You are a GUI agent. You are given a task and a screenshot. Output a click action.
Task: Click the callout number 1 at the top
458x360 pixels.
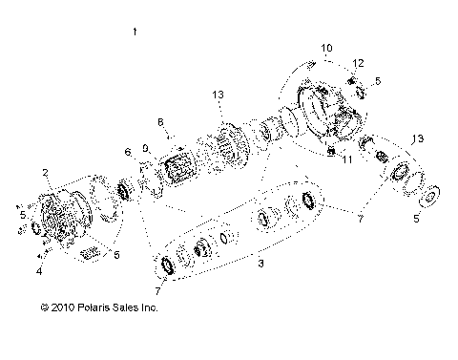(135, 32)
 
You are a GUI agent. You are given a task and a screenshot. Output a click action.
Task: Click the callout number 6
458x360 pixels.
(127, 153)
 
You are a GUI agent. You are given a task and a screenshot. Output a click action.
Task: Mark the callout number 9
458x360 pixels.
(145, 148)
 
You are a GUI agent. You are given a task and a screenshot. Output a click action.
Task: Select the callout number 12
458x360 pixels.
(359, 62)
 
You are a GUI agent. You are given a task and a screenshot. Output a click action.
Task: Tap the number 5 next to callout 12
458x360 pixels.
(378, 81)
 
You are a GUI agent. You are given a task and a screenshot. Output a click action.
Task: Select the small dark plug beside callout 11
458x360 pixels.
(330, 152)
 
